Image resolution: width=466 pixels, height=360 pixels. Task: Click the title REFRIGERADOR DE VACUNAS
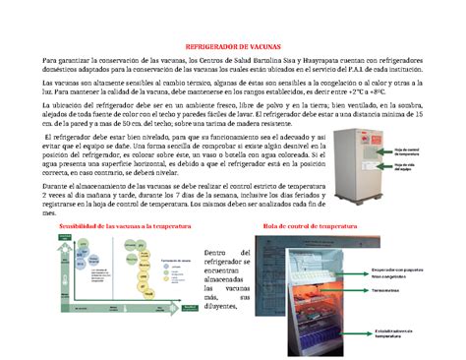point(233,46)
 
